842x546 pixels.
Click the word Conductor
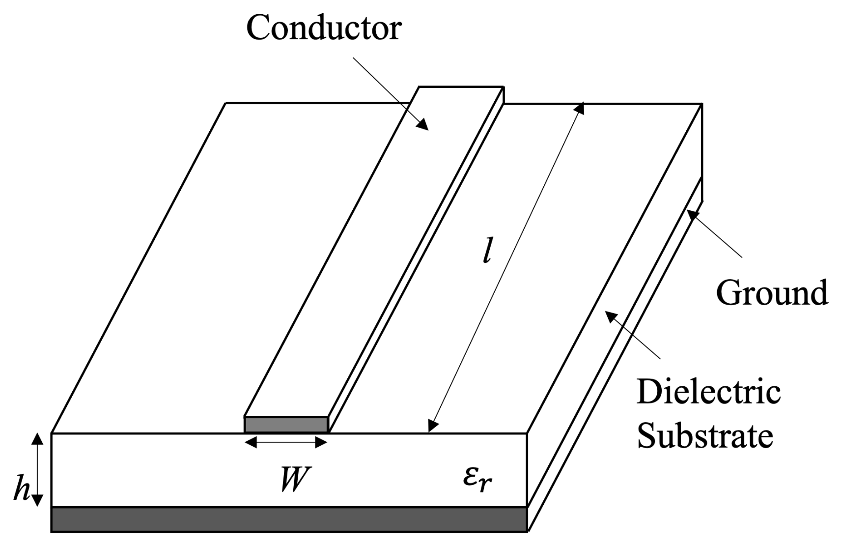point(323,28)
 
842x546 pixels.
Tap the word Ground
point(772,293)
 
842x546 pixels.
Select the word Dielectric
point(708,392)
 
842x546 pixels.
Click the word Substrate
point(705,435)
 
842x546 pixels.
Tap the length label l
point(486,254)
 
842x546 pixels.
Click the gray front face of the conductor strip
point(286,425)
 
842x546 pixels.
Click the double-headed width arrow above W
point(286,443)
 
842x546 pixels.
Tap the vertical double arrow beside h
point(37,470)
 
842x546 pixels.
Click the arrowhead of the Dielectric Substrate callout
point(610,316)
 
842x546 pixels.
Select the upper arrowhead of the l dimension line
point(581,108)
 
